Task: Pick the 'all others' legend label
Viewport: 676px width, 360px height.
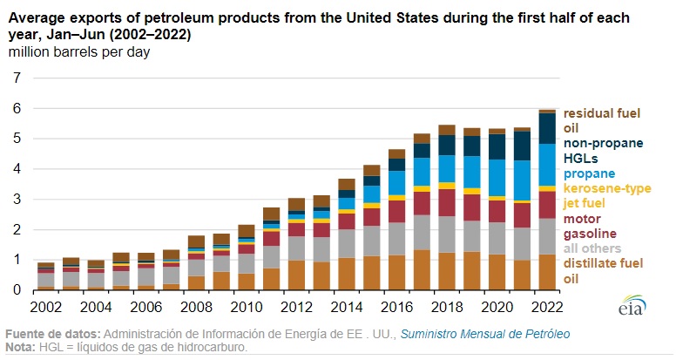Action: [593, 248]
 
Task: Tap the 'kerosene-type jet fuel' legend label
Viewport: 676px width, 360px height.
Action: [606, 195]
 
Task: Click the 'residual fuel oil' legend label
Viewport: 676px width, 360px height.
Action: [602, 120]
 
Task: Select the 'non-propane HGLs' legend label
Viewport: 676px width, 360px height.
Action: [603, 150]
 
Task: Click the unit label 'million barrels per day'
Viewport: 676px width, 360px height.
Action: [79, 52]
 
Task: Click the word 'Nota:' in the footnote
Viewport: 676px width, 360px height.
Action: [22, 348]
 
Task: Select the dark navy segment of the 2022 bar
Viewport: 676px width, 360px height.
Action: [547, 128]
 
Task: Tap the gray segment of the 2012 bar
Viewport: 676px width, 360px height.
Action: [296, 248]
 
